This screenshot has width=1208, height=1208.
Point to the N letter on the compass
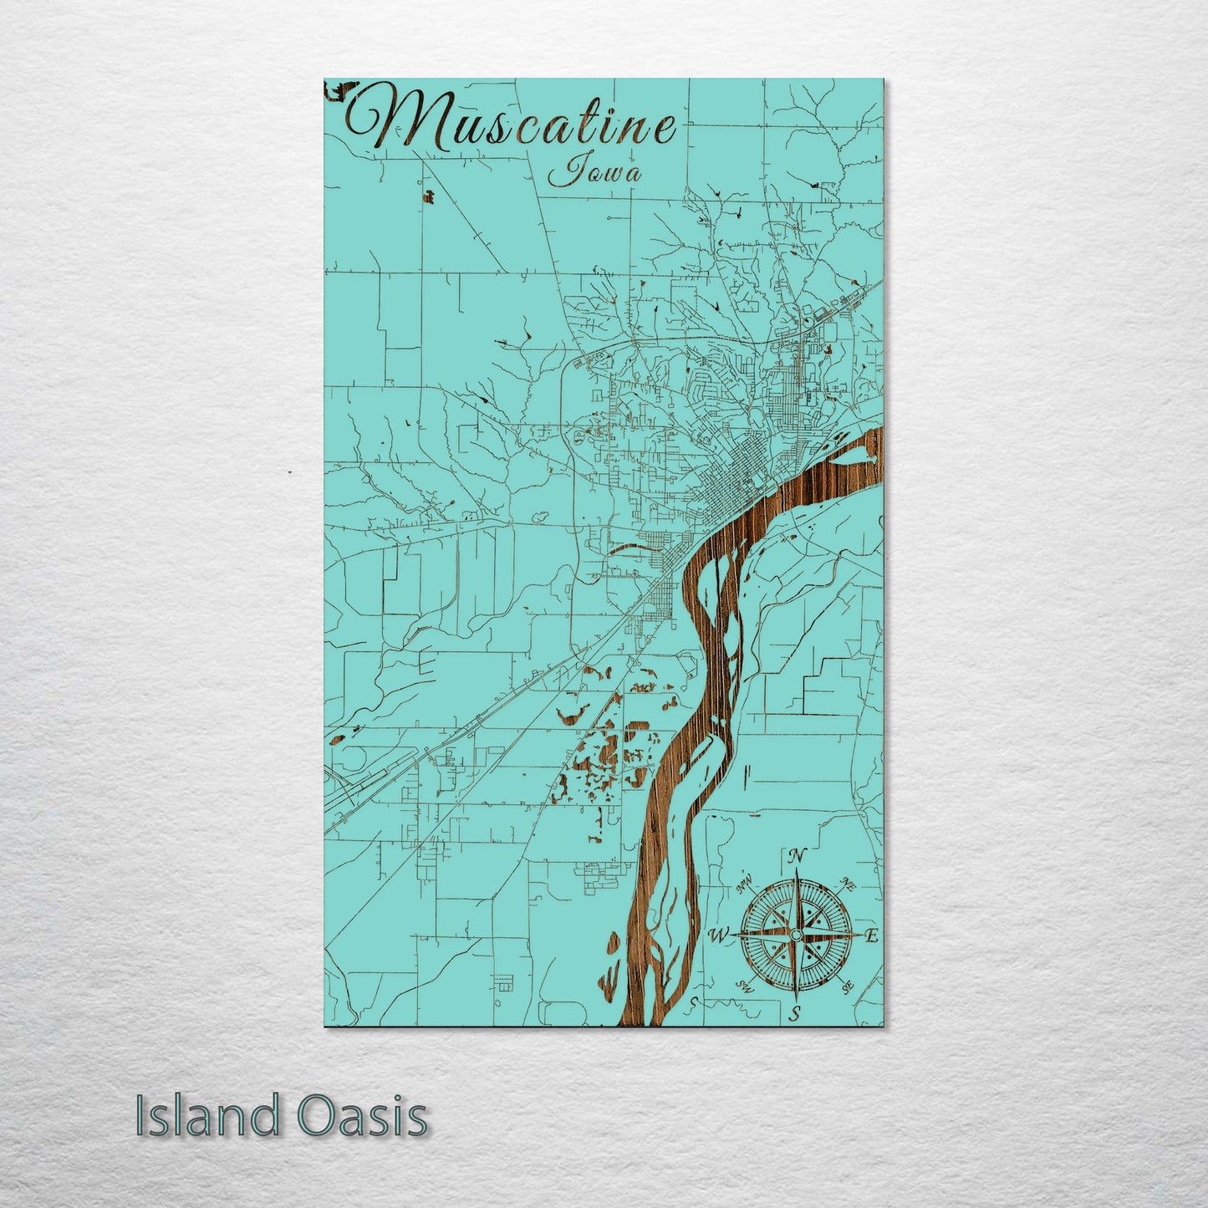(x=797, y=856)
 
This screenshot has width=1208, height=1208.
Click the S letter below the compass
(x=797, y=1014)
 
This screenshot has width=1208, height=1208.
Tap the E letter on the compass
(x=872, y=936)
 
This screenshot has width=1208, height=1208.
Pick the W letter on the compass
(x=717, y=935)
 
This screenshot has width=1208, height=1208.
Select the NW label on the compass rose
(x=744, y=883)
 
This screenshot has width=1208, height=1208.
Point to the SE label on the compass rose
(x=848, y=988)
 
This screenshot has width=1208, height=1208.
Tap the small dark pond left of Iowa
(x=429, y=197)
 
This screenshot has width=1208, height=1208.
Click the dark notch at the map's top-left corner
(x=337, y=89)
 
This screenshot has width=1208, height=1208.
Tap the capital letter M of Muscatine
(x=385, y=119)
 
